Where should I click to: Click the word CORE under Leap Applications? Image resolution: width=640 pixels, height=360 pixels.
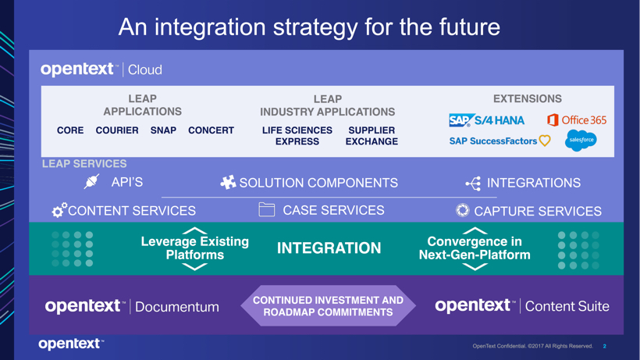coord(70,130)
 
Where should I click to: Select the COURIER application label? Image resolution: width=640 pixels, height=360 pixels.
coord(117,130)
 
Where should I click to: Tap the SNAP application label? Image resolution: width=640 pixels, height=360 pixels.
coord(163,130)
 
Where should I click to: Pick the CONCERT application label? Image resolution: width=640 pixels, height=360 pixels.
coord(211,130)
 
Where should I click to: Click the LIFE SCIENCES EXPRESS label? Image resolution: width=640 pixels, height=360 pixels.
coord(297,136)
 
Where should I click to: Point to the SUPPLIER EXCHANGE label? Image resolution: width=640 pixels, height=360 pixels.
coord(372,136)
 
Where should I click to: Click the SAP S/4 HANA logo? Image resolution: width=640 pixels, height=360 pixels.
coord(486,120)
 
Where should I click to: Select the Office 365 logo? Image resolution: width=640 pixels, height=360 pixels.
coord(577,120)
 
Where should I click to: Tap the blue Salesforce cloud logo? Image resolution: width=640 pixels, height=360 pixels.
coord(581,141)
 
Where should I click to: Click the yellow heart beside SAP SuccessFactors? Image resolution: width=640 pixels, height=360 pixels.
coord(545,141)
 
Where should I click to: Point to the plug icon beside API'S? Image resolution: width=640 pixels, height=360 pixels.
coord(91,181)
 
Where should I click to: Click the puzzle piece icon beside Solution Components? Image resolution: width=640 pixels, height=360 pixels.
coord(228,183)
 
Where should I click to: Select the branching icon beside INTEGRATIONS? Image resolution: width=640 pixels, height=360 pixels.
coord(474,184)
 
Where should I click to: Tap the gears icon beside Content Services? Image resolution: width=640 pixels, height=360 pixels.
coord(59,210)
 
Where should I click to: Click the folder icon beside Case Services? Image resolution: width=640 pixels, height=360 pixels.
coord(266,209)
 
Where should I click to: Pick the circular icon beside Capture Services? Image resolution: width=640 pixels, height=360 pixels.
coord(463,210)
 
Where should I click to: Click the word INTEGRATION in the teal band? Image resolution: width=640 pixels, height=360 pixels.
coord(329,248)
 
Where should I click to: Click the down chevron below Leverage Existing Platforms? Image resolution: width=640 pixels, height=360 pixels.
coord(194,267)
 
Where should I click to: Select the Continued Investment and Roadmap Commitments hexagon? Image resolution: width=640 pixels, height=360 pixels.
coord(328,305)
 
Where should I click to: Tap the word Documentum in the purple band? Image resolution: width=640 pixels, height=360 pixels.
coord(176,307)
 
